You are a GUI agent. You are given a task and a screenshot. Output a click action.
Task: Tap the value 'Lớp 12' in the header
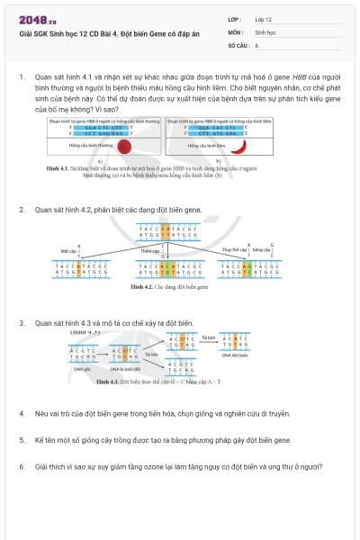click(265, 18)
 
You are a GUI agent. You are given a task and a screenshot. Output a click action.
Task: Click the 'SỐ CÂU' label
click(238, 43)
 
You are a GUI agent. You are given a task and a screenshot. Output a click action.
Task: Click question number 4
click(22, 413)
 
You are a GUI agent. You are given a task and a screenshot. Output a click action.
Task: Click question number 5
click(22, 440)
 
